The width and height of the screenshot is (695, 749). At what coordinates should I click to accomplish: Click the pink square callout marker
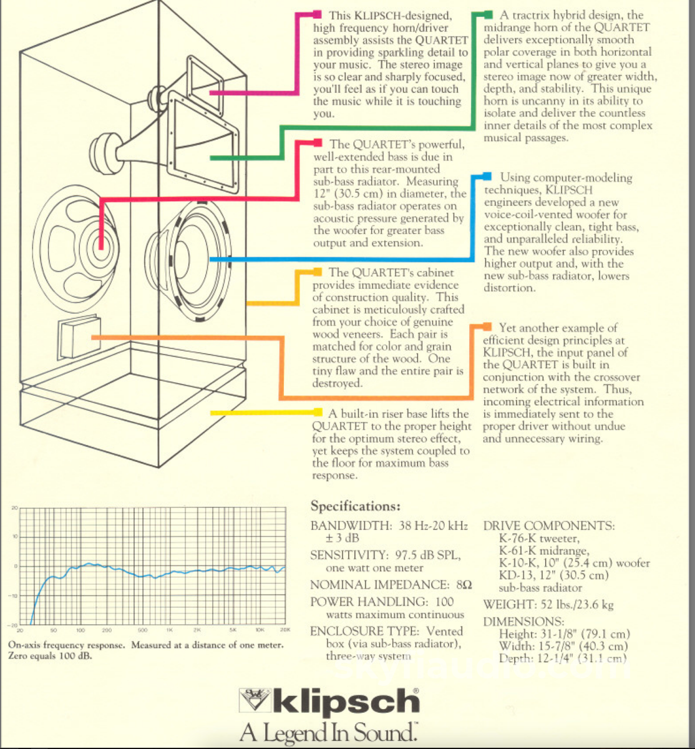tap(317, 14)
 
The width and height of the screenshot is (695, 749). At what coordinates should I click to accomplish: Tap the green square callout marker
tap(488, 14)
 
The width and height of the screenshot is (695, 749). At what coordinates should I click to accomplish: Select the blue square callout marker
tap(487, 177)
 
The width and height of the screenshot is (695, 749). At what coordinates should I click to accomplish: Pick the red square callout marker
tap(317, 144)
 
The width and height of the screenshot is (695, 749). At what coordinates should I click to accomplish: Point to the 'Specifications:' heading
tap(355, 506)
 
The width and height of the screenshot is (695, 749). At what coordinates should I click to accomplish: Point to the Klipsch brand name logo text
tap(346, 702)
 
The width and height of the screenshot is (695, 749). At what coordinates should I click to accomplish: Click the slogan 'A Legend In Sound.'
tap(329, 732)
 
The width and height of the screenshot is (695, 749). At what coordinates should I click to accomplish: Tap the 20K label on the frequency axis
tap(286, 630)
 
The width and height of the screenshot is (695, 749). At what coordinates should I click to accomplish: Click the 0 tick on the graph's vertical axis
tap(15, 567)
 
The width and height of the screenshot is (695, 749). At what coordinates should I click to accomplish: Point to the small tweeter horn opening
tap(205, 81)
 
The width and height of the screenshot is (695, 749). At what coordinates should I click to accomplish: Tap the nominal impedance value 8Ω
tap(464, 585)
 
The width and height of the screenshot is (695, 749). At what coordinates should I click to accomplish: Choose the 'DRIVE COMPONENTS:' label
tap(548, 526)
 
